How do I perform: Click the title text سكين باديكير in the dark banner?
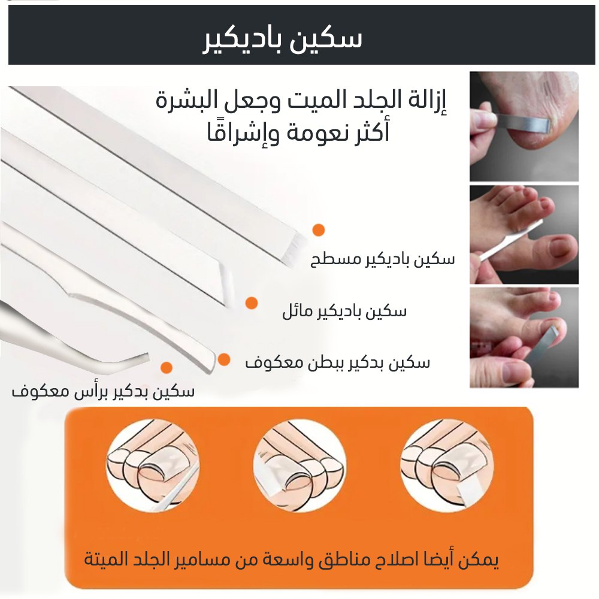pos(282,40)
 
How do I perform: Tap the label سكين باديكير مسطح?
pos(382,259)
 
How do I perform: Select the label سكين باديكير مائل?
pos(344,311)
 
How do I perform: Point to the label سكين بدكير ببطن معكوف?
pos(337,362)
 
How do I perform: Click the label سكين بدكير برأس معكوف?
pos(103,391)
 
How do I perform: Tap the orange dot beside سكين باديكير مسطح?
pos(318,230)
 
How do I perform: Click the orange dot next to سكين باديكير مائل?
pos(251,303)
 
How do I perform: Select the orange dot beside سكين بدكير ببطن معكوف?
pos(224,359)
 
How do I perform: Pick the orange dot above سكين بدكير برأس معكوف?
pos(166,368)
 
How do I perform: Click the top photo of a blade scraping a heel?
pos(524,126)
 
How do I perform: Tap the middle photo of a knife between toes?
pos(524,234)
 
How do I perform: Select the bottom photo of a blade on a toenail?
pos(524,338)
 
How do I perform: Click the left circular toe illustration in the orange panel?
pos(153,466)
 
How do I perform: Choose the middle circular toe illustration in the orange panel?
pos(299,466)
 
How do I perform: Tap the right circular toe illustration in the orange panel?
pos(447,466)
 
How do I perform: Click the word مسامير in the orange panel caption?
pos(253,560)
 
